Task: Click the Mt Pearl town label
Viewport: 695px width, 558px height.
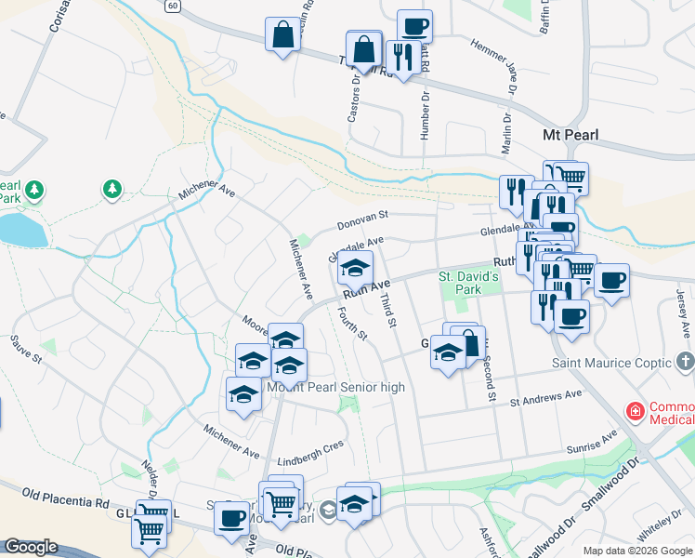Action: click(570, 135)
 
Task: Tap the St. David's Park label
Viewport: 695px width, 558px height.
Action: click(469, 283)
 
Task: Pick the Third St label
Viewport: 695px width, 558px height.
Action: click(388, 310)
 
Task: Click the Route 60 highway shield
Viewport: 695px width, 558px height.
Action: click(173, 5)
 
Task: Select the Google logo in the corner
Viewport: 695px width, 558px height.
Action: click(31, 547)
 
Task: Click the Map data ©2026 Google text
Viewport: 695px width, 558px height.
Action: click(638, 550)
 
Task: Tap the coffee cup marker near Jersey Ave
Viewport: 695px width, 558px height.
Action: click(611, 280)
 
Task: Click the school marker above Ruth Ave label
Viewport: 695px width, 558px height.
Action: click(354, 269)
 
